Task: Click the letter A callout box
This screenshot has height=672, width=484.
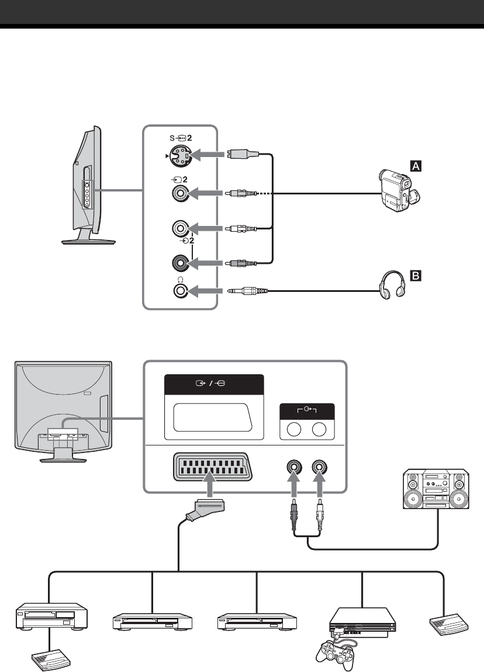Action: [x=416, y=165]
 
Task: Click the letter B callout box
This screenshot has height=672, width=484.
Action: [x=416, y=275]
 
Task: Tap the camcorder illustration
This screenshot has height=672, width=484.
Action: [x=399, y=190]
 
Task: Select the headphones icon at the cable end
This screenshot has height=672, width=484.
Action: [x=393, y=284]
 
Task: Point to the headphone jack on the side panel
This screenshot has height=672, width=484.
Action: [x=181, y=291]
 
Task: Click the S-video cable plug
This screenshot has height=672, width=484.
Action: [x=243, y=154]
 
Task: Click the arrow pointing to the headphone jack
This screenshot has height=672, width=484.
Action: [x=205, y=291]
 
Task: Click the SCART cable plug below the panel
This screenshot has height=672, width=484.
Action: [x=208, y=509]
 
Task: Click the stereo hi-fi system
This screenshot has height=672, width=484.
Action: [x=435, y=489]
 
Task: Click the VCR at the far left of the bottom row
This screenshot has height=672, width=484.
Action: [x=51, y=617]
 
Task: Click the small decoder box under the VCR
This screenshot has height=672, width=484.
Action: [x=51, y=660]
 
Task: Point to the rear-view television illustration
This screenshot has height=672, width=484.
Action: [x=64, y=412]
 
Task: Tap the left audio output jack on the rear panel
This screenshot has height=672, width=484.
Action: [x=294, y=466]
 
